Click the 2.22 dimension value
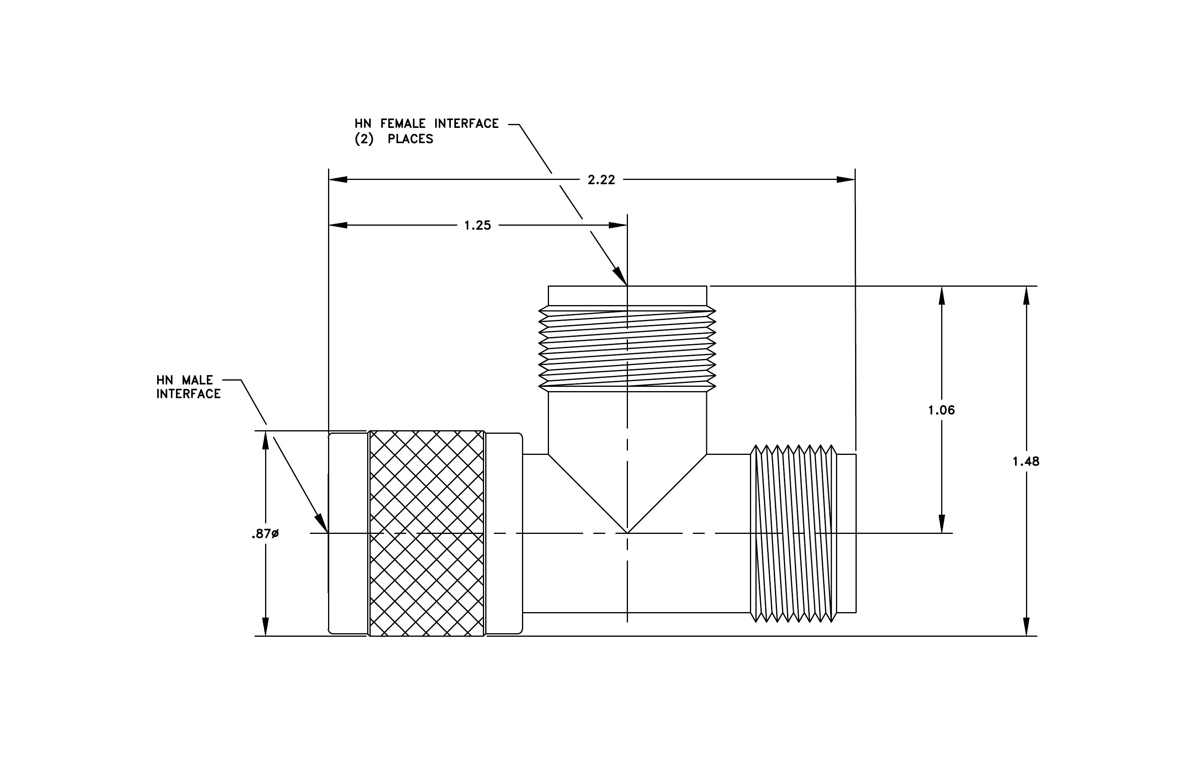point(601,180)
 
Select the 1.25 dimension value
point(477,226)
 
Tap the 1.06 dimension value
point(942,410)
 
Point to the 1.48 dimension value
point(1026,462)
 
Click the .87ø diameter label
point(265,534)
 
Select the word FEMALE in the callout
point(403,124)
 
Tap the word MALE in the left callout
point(197,380)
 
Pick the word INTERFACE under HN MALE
point(188,394)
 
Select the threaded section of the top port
point(628,348)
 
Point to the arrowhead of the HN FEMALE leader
point(620,276)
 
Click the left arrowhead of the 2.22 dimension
point(338,180)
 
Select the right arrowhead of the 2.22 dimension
point(846,180)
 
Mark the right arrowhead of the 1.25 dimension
point(618,225)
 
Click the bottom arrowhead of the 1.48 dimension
point(1026,627)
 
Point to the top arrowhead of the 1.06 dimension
point(942,296)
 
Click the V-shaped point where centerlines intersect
point(628,533)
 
